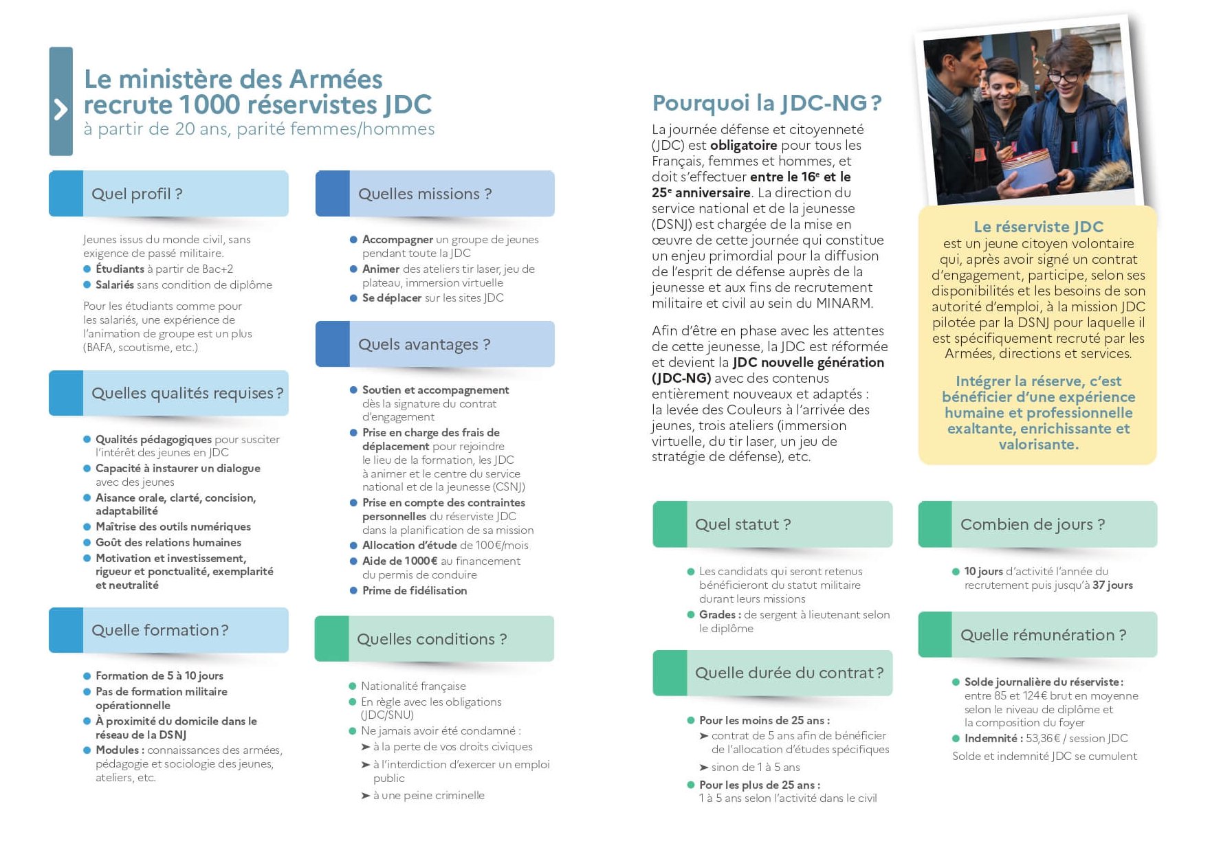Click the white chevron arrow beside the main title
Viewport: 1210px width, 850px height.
[x=60, y=109]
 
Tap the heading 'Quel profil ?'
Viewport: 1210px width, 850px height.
[x=137, y=194]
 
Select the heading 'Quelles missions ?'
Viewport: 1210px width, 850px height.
[x=424, y=194]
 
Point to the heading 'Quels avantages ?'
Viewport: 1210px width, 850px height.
[x=423, y=344]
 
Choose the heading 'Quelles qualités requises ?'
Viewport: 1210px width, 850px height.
[x=187, y=393]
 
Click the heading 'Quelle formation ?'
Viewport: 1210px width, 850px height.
[x=159, y=630]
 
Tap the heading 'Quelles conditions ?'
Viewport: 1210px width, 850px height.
[x=431, y=639]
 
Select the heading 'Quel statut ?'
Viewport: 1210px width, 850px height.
[x=742, y=524]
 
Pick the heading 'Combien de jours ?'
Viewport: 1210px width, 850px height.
[x=1032, y=524]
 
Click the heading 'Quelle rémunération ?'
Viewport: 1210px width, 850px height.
[x=1043, y=635]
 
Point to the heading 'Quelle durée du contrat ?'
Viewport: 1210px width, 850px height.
[x=789, y=673]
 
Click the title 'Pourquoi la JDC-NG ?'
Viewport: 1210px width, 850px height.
[x=766, y=103]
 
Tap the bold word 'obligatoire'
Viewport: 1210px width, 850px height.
[x=743, y=145]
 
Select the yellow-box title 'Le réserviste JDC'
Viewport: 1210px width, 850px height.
[x=1038, y=227]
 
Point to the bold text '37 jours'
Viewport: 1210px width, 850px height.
[x=1112, y=585]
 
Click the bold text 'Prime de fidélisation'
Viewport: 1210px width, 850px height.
[x=415, y=590]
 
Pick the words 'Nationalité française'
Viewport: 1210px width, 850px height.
[x=413, y=686]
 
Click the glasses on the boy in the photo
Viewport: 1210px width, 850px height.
[x=1062, y=76]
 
